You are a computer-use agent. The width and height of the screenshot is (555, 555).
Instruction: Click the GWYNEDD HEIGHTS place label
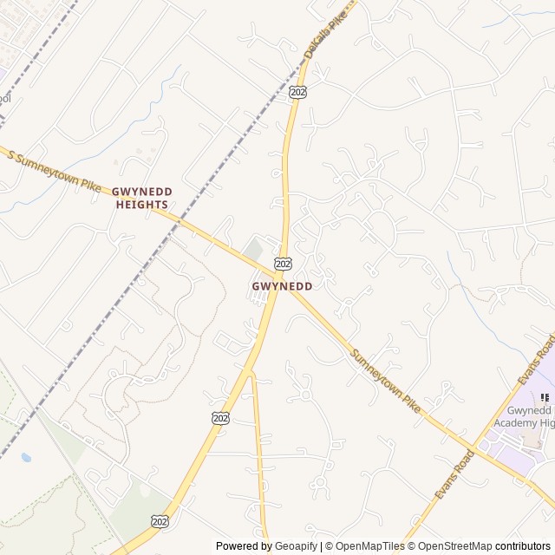pos(142,198)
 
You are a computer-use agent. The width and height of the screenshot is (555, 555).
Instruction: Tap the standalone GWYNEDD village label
pos(282,285)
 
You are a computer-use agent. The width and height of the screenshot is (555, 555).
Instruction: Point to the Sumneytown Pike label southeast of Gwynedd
pos(386,382)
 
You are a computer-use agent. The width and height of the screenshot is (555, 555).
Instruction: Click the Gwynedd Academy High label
pos(519,416)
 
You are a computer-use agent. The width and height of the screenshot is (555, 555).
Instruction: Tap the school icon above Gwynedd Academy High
pos(544,397)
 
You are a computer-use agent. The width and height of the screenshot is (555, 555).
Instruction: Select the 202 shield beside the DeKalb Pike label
pos(297,91)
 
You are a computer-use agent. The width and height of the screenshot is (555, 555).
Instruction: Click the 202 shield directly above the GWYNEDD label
pos(283,263)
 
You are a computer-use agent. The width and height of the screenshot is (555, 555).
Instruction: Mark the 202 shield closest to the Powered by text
pos(159,520)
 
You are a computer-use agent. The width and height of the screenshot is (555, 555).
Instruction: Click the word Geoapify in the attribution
pos(297,546)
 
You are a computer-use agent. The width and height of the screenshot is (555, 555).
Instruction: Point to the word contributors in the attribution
pos(523,546)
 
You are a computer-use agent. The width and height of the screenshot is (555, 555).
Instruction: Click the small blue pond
pos(26,457)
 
